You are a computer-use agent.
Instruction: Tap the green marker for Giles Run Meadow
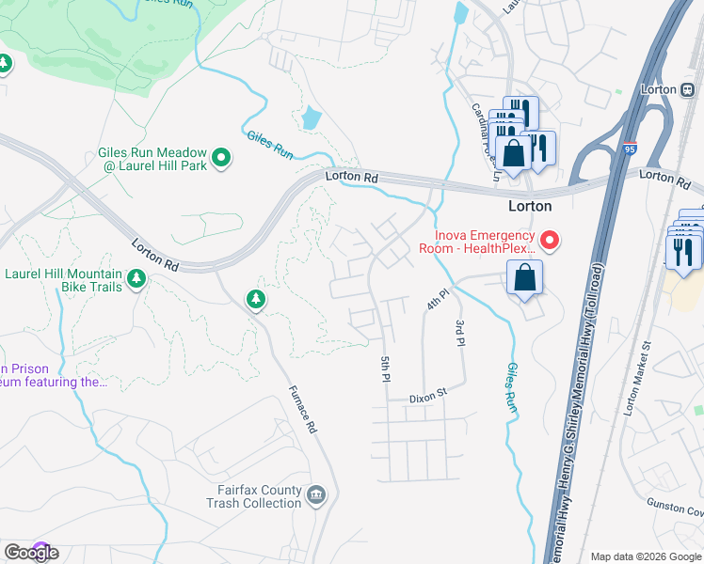[221, 159]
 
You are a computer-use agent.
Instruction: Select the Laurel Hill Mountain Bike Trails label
[64, 280]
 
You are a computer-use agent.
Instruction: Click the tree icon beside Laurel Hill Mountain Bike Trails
[136, 279]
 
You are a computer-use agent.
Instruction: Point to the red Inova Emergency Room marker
[550, 242]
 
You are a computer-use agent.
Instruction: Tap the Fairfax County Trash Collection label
[253, 496]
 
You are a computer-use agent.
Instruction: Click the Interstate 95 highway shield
[627, 148]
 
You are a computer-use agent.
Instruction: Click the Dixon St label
[427, 399]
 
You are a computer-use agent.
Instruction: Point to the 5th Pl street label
[384, 369]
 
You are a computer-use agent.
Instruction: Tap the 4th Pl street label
[434, 302]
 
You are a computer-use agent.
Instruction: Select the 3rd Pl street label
[460, 334]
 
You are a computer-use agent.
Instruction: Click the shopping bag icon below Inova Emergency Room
[524, 278]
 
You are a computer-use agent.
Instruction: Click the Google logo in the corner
[31, 553]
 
